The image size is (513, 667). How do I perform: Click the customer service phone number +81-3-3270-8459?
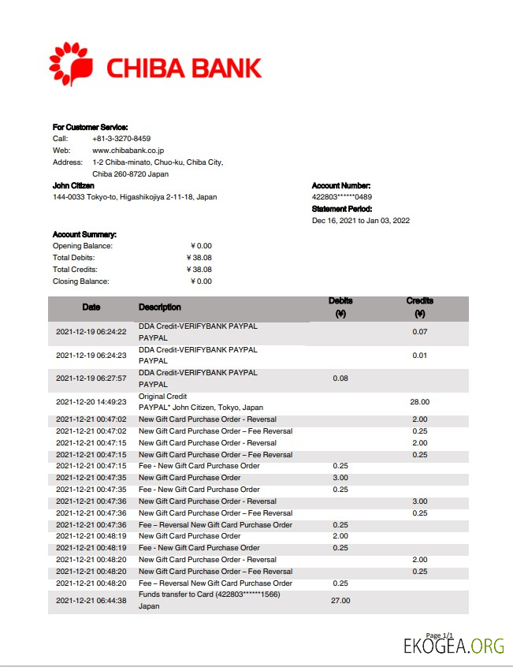click(121, 139)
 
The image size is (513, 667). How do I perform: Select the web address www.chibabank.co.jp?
click(128, 151)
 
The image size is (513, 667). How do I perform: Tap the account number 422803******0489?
click(342, 197)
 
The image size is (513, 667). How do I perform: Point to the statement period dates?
click(361, 221)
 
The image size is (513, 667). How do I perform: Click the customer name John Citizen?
click(73, 185)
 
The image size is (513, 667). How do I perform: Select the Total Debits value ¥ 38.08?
click(199, 258)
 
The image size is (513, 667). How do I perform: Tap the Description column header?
click(159, 307)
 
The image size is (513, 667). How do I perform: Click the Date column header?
click(91, 307)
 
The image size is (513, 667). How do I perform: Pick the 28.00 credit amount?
click(419, 402)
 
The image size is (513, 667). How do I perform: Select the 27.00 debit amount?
click(340, 600)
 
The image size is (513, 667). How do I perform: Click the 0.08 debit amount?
click(340, 378)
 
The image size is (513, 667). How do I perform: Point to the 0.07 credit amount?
click(419, 332)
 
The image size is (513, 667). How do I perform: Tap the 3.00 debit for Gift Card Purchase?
click(340, 478)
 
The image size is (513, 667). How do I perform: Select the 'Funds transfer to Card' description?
click(210, 594)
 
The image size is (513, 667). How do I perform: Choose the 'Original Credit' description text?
click(162, 397)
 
